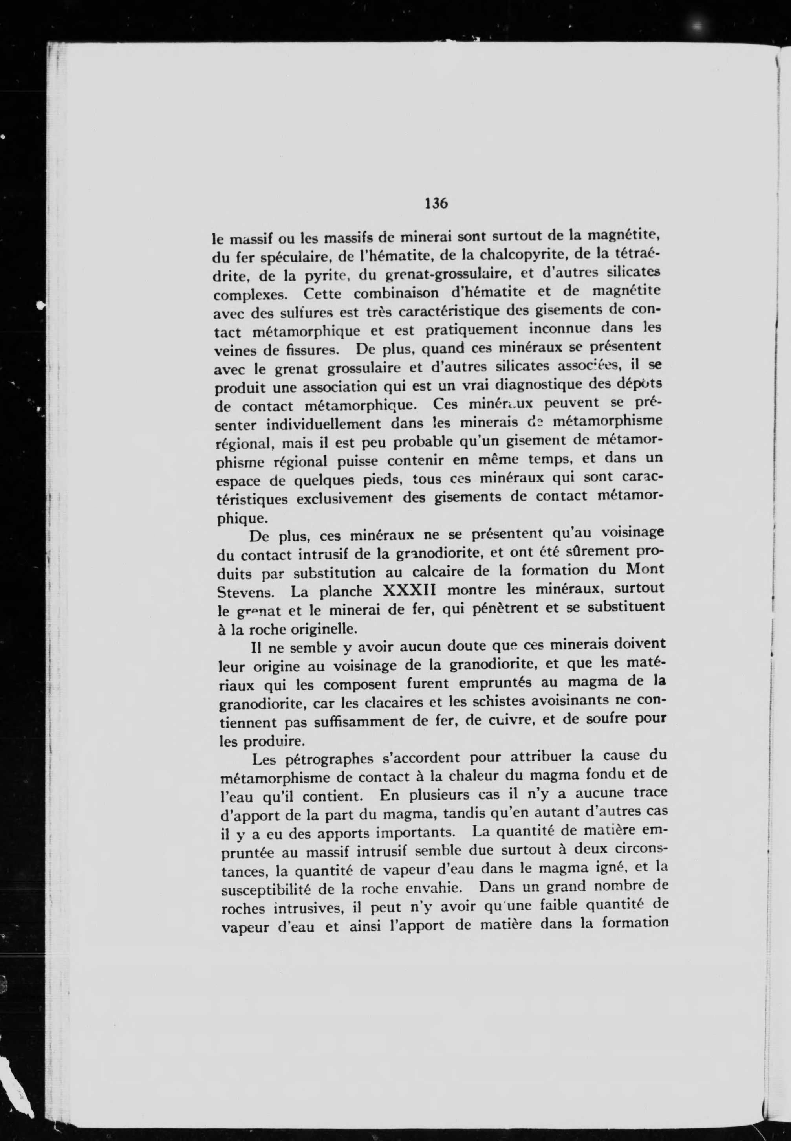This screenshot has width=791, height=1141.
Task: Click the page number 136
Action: point(436,203)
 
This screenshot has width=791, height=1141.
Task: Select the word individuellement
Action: point(324,425)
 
